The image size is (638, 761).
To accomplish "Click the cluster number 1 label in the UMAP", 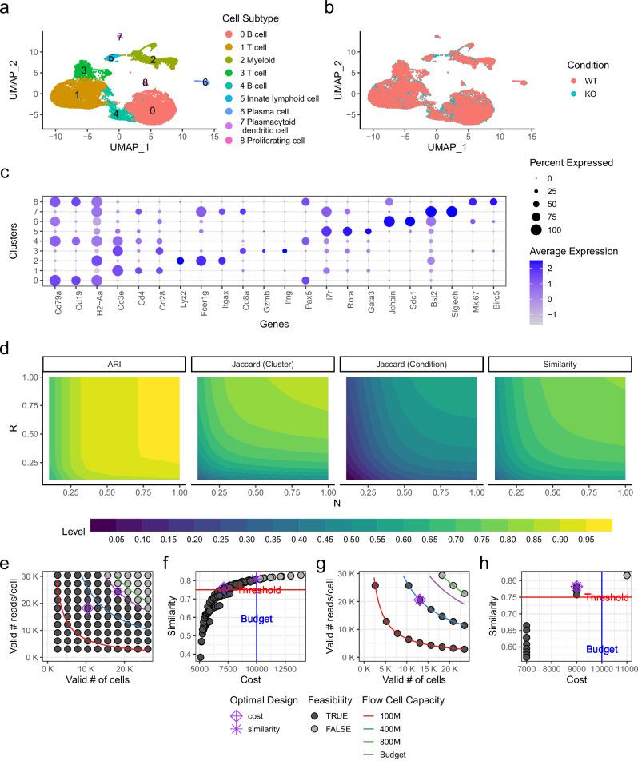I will pos(78,95).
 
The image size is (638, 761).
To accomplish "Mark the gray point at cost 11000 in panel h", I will pos(626,575).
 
